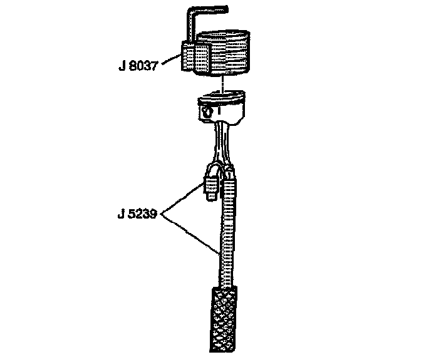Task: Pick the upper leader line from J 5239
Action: tap(185, 199)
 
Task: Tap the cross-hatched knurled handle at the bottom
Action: tap(222, 319)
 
